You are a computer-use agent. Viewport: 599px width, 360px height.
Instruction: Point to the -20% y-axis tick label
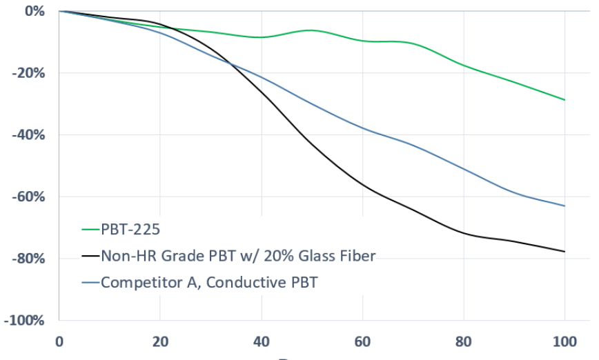29,73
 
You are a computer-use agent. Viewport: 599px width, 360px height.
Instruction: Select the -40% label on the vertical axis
29,135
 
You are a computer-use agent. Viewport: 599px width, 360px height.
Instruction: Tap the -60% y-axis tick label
29,197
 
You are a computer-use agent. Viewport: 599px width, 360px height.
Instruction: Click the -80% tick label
29,259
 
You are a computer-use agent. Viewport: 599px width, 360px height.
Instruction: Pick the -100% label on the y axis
26,321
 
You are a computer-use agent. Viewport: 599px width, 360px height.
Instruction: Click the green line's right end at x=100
564,100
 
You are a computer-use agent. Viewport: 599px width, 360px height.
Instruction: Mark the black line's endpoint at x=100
564,252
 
